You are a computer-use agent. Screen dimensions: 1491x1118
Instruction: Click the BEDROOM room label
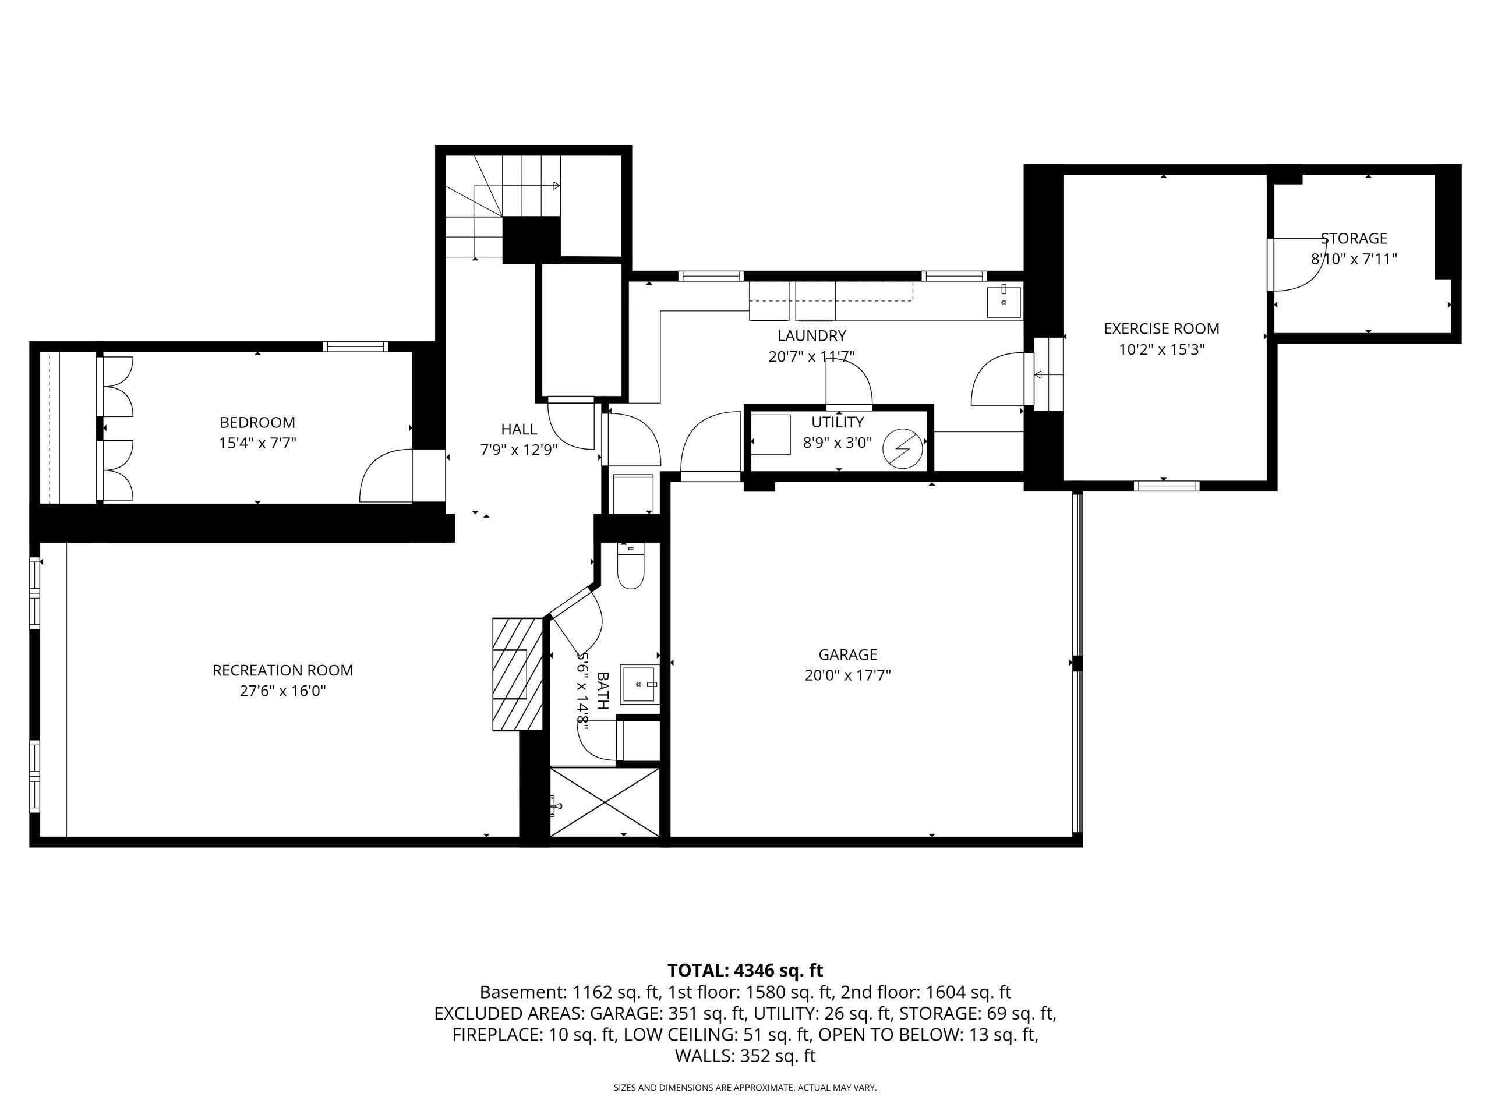point(257,423)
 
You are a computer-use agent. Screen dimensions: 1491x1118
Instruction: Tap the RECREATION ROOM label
point(283,671)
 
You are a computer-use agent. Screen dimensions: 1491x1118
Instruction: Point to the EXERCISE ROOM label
point(1161,329)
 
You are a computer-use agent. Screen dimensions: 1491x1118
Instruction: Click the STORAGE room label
point(1354,239)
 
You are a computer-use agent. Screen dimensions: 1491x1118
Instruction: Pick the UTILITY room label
point(837,423)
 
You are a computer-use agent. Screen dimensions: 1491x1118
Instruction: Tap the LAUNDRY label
point(811,335)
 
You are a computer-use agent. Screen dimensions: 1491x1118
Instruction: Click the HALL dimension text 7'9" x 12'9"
point(519,450)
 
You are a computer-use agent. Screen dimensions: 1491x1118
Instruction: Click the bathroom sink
point(638,684)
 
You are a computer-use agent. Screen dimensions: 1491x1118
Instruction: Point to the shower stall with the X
point(605,802)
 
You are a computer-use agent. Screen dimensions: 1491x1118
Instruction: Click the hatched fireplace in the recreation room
point(518,674)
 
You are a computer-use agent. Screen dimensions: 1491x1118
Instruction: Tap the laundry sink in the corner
point(1004,302)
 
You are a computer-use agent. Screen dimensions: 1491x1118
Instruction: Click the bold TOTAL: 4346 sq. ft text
point(745,971)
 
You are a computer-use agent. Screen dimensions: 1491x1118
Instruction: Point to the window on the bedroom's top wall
point(355,346)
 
